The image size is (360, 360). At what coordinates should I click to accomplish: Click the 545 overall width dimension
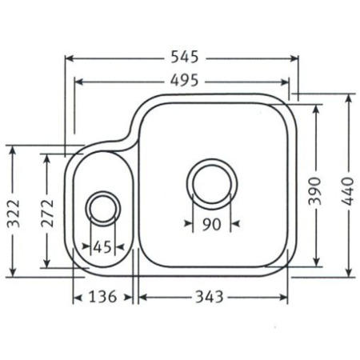pyautogui.click(x=185, y=57)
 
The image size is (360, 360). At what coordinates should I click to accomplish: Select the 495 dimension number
pyautogui.click(x=185, y=80)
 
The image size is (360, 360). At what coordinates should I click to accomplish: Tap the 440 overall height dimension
pyautogui.click(x=348, y=191)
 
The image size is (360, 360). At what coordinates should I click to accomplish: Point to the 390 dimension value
pyautogui.click(x=314, y=191)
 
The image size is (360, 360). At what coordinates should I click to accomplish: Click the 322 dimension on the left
pyautogui.click(x=14, y=214)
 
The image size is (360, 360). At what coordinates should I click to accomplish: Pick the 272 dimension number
pyautogui.click(x=47, y=214)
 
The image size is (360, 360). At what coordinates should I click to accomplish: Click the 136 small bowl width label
pyautogui.click(x=102, y=297)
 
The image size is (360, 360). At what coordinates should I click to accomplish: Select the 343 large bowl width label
pyautogui.click(x=210, y=297)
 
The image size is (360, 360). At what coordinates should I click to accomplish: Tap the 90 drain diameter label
pyautogui.click(x=211, y=224)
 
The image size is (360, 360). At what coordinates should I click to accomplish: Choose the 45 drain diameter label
pyautogui.click(x=102, y=247)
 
